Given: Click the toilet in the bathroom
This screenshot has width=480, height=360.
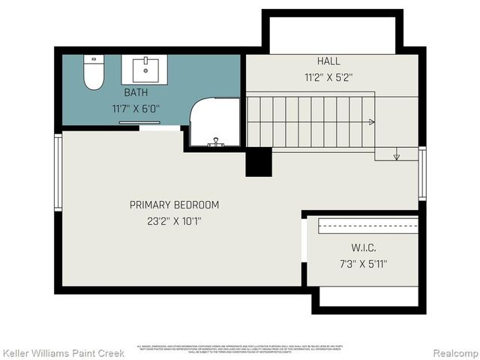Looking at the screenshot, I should click(94, 73).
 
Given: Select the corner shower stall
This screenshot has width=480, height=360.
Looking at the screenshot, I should click(214, 123).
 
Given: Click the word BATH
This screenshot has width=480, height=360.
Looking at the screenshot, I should click(136, 93).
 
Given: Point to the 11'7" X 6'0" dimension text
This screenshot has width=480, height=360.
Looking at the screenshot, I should click(136, 109).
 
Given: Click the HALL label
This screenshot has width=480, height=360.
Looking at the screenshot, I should click(328, 61).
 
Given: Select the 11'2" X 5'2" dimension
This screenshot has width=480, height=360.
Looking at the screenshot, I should click(328, 76).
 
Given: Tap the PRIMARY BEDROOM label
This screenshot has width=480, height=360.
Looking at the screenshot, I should click(174, 205).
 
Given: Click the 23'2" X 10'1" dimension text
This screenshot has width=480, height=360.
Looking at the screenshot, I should click(174, 221).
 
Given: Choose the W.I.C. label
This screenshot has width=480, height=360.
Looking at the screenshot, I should click(363, 248).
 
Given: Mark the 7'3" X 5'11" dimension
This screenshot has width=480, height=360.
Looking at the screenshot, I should click(363, 264).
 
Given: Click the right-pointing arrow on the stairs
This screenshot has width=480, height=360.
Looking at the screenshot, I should click(370, 121).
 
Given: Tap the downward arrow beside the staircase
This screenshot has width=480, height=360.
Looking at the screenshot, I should click(397, 156).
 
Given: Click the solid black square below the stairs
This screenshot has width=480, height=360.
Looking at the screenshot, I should click(259, 162).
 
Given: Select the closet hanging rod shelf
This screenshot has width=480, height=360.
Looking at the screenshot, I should click(367, 226).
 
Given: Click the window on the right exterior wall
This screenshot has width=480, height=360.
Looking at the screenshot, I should click(421, 174).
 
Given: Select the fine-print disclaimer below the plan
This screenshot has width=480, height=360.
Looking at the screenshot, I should click(239, 348).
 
